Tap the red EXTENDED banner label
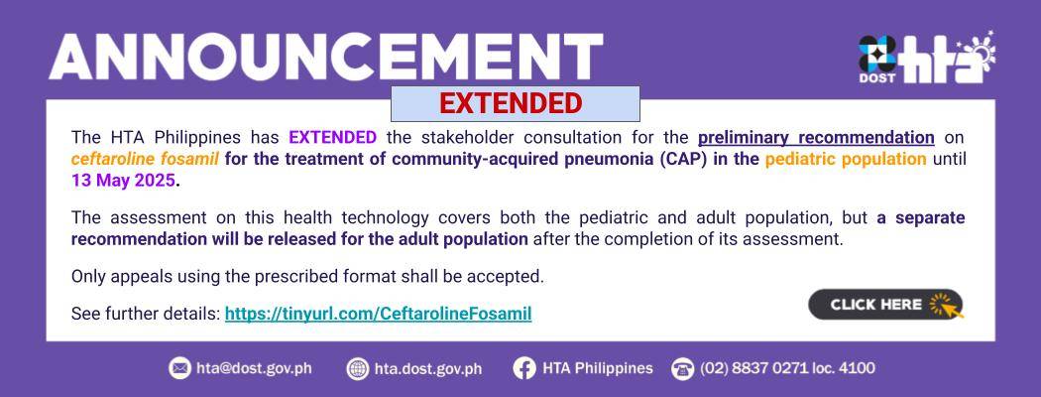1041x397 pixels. point(511,104)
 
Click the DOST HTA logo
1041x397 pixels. point(927,58)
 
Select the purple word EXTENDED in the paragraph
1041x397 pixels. point(332,138)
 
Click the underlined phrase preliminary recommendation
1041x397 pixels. point(816,138)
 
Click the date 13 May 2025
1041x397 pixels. point(124,181)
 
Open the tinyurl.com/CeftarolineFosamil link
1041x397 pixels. point(379,314)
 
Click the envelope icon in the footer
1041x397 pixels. point(179,368)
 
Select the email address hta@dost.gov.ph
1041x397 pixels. point(254,368)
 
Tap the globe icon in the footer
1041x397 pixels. point(358,368)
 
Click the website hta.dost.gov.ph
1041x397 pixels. point(428,368)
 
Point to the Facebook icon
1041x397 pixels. point(524,368)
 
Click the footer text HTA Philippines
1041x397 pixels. point(598,368)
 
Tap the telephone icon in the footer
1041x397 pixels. point(682,368)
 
